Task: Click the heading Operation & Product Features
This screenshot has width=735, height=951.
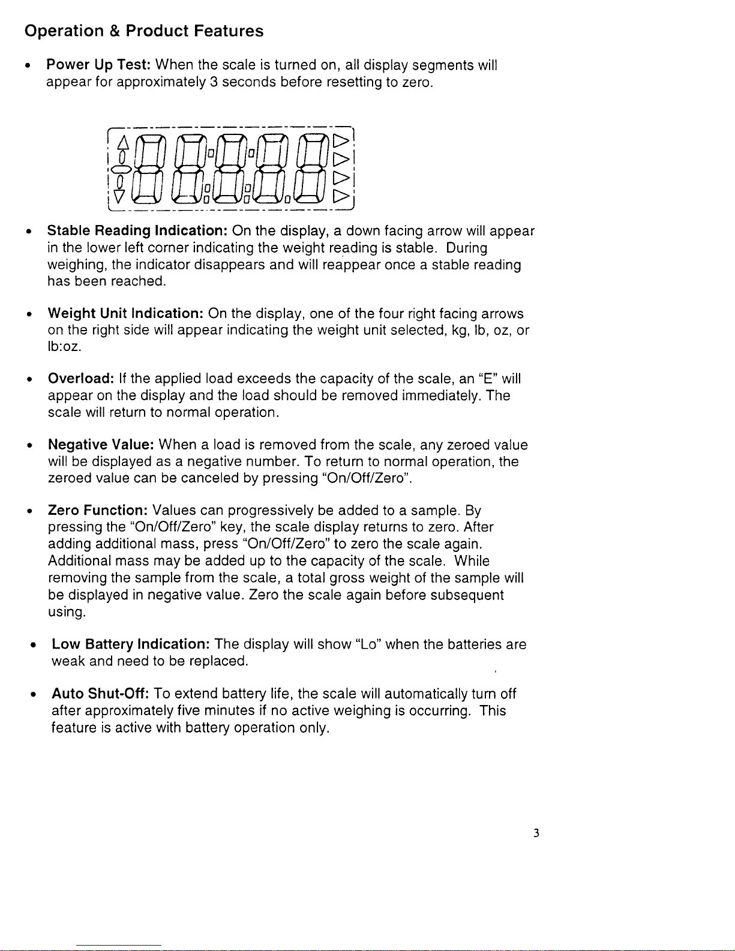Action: pyautogui.click(x=144, y=31)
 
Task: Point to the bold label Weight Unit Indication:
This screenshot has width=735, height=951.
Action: pyautogui.click(x=126, y=314)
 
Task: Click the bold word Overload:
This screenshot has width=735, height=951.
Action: pyautogui.click(x=81, y=379)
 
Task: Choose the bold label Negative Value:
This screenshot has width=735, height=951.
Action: pyautogui.click(x=101, y=445)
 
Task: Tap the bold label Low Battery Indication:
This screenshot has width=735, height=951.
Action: pyautogui.click(x=130, y=644)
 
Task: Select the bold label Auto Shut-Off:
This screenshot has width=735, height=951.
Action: pyautogui.click(x=100, y=694)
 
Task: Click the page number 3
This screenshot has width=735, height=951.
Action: pyautogui.click(x=536, y=833)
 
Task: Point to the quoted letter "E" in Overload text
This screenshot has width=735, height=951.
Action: pyautogui.click(x=487, y=379)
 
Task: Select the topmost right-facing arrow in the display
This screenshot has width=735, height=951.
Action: pyautogui.click(x=341, y=141)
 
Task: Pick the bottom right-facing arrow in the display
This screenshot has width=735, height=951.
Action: pyautogui.click(x=341, y=196)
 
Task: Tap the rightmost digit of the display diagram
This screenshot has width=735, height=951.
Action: pyautogui.click(x=313, y=169)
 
